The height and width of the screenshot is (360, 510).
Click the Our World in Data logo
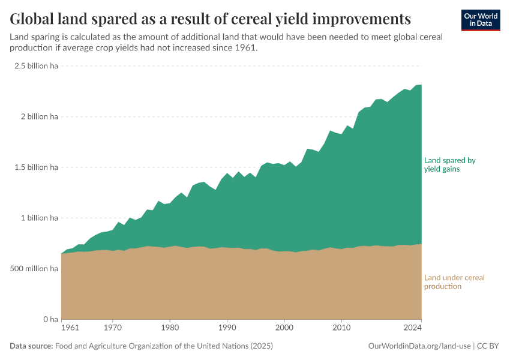[481, 20]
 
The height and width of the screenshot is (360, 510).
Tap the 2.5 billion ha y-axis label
[36, 66]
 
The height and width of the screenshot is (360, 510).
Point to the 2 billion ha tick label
[40, 117]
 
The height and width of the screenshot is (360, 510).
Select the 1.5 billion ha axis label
[36, 167]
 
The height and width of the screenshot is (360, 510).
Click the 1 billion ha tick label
[40, 218]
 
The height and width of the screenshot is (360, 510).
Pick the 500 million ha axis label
[34, 269]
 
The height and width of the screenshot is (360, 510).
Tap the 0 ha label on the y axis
[50, 319]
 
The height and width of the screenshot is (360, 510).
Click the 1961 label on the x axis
[70, 328]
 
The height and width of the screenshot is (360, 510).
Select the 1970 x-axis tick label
[113, 328]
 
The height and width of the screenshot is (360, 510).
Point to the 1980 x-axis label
[170, 328]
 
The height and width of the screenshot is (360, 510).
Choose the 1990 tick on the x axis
[227, 328]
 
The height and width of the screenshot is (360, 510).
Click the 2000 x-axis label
[284, 328]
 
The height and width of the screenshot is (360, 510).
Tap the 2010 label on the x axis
[341, 328]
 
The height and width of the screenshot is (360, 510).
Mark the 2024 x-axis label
[412, 328]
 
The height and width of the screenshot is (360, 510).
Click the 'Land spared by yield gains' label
[450, 165]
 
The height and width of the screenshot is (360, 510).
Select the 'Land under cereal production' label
[454, 282]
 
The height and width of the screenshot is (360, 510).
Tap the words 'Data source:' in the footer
[31, 346]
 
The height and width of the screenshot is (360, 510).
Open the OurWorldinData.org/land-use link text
[419, 346]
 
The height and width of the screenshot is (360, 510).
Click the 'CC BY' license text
[488, 346]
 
